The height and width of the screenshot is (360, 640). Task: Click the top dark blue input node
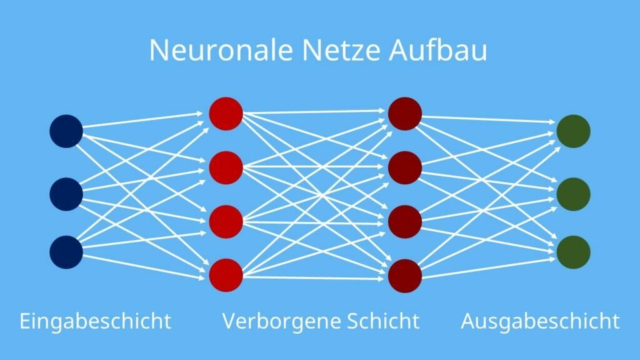tap(66, 131)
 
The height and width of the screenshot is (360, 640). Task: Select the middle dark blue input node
tap(66, 194)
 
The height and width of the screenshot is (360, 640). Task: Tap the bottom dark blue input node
tap(66, 252)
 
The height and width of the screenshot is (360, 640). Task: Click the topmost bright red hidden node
tap(226, 114)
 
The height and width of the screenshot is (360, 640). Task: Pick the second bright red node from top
tap(226, 167)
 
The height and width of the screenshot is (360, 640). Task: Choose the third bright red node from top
tap(226, 221)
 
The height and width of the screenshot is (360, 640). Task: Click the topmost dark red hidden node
tap(404, 114)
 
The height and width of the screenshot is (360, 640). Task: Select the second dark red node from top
tap(404, 167)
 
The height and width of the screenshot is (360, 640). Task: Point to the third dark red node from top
tap(404, 221)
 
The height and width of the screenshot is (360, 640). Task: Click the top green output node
tap(574, 131)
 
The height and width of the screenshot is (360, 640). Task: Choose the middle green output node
tap(574, 194)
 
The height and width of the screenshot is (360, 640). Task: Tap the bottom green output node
tap(574, 252)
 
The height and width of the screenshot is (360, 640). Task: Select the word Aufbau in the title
tap(437, 51)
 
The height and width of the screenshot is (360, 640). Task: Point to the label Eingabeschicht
tap(96, 321)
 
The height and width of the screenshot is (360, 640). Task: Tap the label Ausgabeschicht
tap(540, 321)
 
